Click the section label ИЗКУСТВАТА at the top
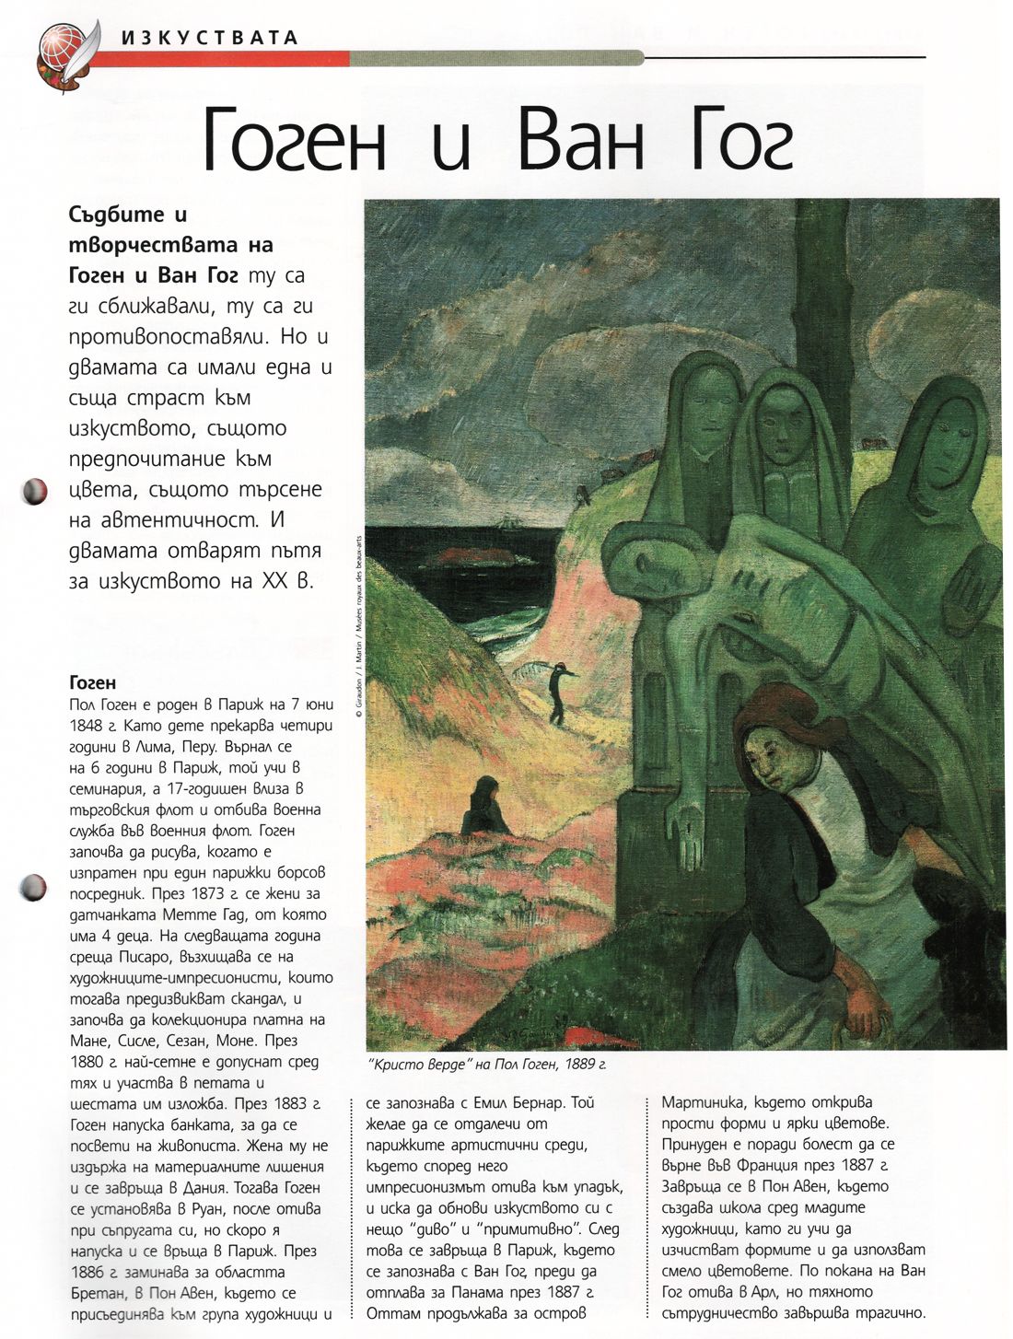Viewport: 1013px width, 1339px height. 210,38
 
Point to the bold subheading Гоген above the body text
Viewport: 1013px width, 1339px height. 93,682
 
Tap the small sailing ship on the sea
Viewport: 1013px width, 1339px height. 508,523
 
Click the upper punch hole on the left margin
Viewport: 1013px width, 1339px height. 34,490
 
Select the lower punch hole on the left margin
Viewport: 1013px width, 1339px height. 32,888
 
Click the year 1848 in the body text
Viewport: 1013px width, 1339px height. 86,726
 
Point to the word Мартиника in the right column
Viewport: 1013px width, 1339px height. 699,1102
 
